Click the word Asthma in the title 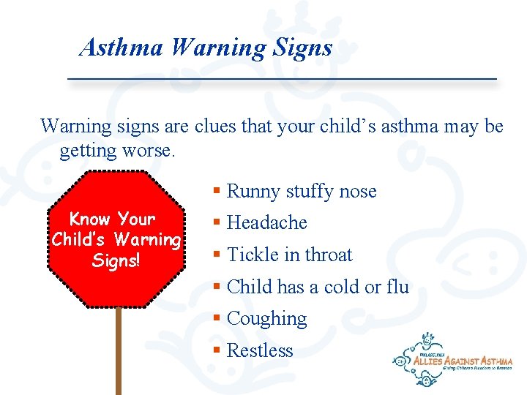(x=122, y=48)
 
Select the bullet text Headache (x=267, y=223)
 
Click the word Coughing (x=267, y=319)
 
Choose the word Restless (x=260, y=351)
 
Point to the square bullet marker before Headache (x=217, y=223)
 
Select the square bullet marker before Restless (x=217, y=351)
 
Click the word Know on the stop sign (x=89, y=219)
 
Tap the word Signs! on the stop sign (x=116, y=261)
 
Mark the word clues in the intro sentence (x=214, y=127)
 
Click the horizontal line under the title (x=282, y=78)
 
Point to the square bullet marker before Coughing (x=217, y=319)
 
